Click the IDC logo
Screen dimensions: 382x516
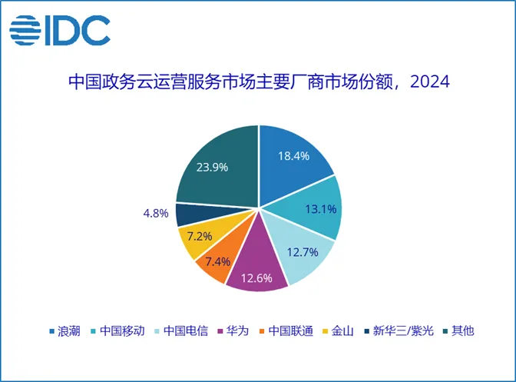tap(59, 29)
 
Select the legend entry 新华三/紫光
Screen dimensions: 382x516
tap(403, 331)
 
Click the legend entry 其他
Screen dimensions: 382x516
tap(463, 331)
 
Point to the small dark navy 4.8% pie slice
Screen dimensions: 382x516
tap(187, 214)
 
